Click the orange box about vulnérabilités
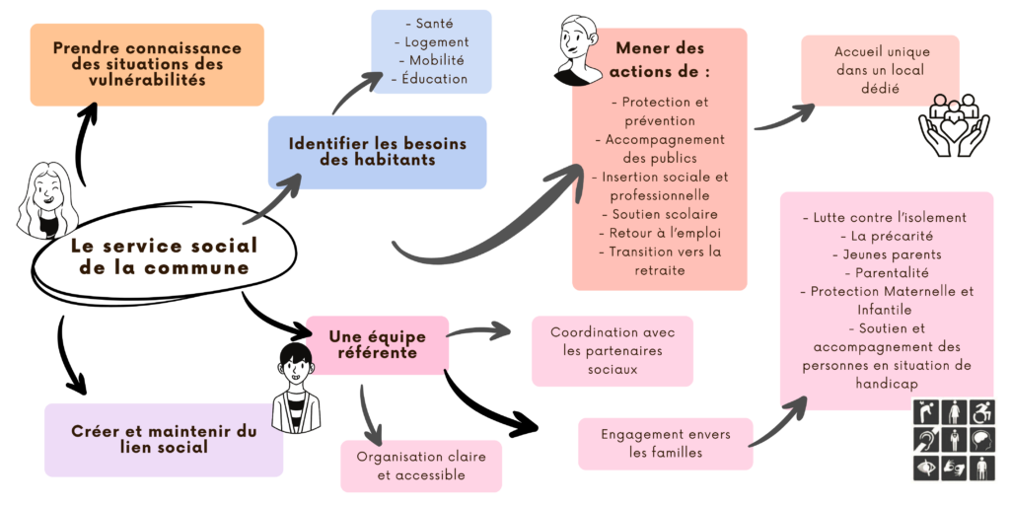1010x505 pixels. (x=147, y=64)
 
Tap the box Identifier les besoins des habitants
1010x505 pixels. (x=377, y=152)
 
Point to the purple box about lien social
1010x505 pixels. (x=164, y=439)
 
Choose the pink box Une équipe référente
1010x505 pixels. (x=378, y=344)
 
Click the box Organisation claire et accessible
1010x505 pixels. (x=421, y=466)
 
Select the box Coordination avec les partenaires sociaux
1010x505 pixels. (x=613, y=351)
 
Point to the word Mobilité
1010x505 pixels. (x=431, y=60)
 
